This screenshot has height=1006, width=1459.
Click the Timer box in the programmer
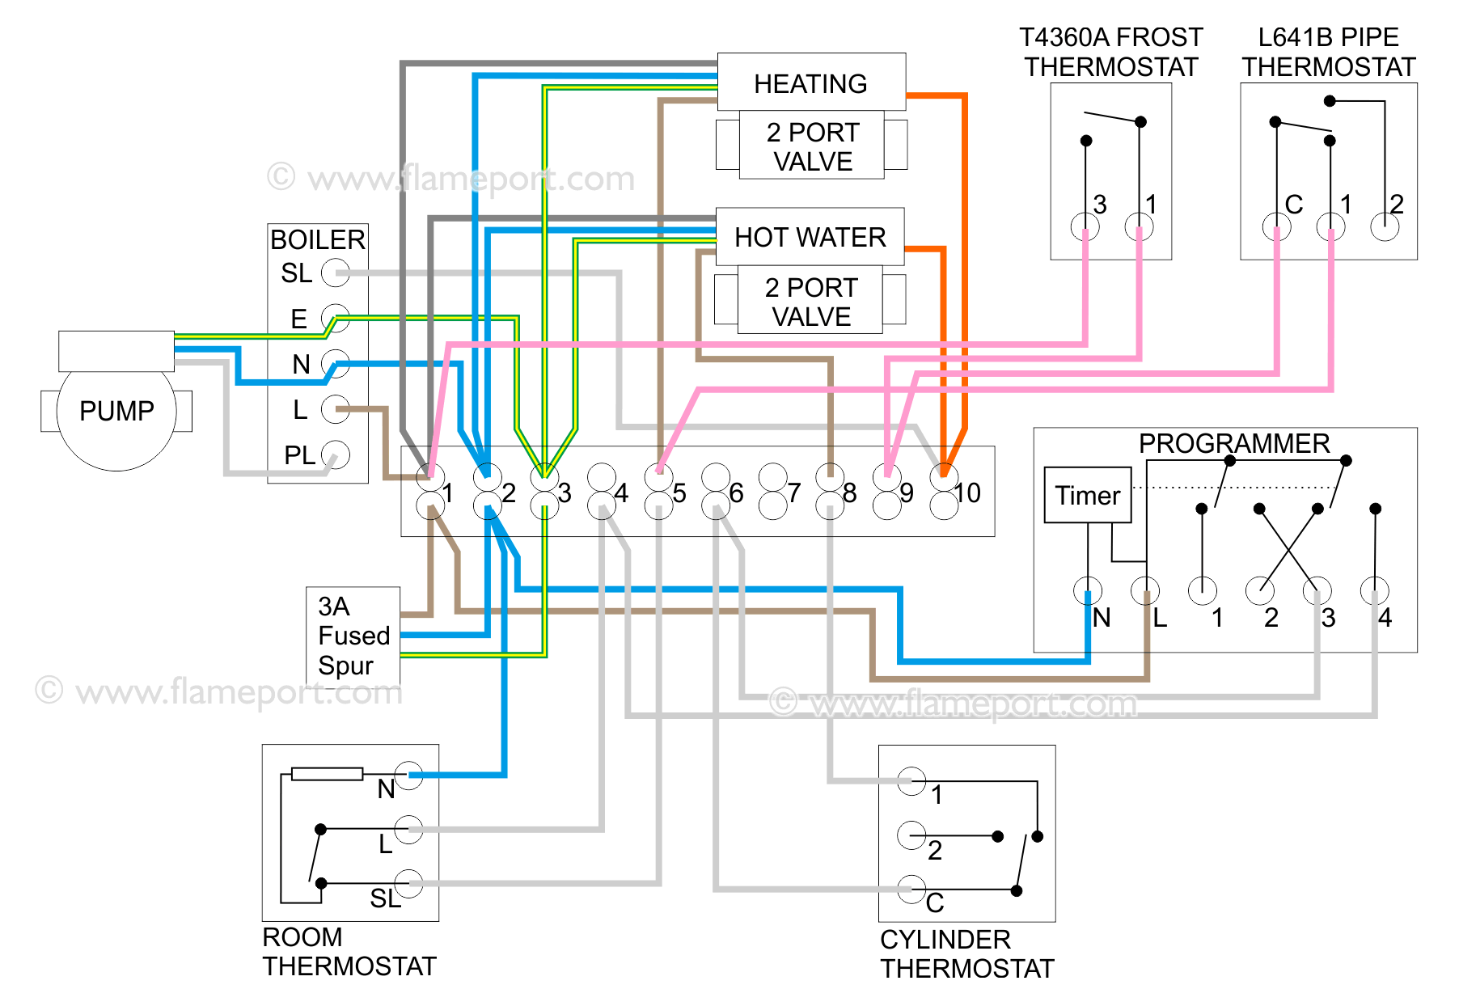[x=1087, y=495]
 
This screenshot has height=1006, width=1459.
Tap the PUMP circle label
[x=116, y=411]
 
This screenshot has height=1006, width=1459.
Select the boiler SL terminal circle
[x=335, y=273]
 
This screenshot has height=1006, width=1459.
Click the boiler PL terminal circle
[x=335, y=454]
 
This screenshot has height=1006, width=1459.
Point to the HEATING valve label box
[x=811, y=82]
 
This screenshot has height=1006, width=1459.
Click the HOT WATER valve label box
[x=810, y=237]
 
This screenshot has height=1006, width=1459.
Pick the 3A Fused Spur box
[x=353, y=636]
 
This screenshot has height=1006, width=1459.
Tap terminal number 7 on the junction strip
[x=794, y=492]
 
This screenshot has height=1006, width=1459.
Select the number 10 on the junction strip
[x=967, y=492]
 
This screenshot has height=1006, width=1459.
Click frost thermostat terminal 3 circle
[x=1085, y=226]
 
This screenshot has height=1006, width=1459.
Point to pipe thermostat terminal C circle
[x=1276, y=226]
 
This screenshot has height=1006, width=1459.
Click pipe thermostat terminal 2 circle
[x=1385, y=226]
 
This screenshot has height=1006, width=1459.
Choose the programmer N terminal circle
[x=1087, y=591]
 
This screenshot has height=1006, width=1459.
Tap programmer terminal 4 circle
[x=1374, y=591]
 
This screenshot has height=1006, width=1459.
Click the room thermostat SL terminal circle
[x=408, y=884]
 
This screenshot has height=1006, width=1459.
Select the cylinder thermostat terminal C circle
[x=911, y=889]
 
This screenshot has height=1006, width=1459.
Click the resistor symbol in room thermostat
[x=327, y=774]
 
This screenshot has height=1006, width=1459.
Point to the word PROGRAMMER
[x=1233, y=443]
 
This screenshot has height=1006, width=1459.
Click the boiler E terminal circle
[x=335, y=318]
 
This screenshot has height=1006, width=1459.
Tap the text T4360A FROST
[x=1110, y=37]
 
